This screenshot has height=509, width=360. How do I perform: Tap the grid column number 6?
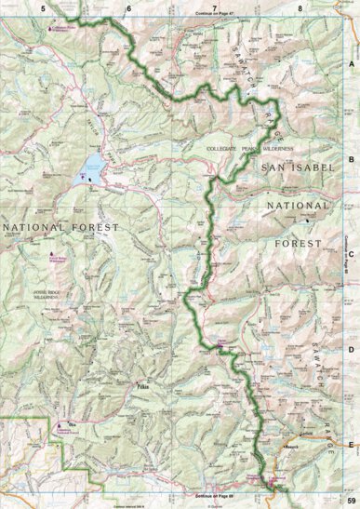tap(129, 7)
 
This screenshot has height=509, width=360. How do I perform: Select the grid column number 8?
tap(300, 7)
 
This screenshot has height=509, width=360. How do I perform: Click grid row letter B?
tap(351, 159)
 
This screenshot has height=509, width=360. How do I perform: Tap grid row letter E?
tap(351, 444)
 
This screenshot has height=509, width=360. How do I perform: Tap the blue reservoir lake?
tap(92, 168)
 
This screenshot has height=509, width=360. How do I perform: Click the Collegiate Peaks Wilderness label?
tap(261, 149)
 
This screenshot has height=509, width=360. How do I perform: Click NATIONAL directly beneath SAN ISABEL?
tap(297, 205)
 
